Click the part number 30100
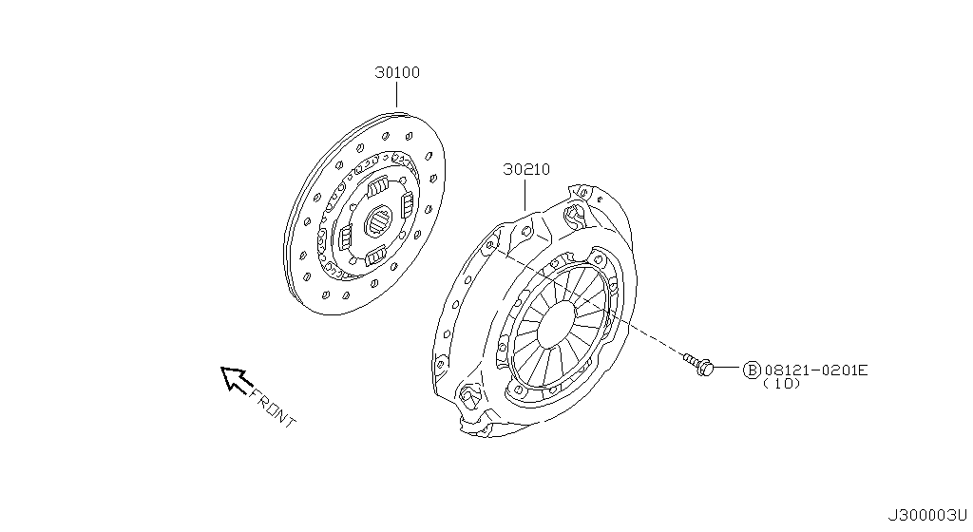coord(397,72)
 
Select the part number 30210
coord(526,169)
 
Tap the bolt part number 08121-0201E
coord(816,370)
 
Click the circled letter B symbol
coord(752,370)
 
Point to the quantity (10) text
coord(782,384)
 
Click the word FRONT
coord(273,408)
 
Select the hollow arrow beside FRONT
coord(236,379)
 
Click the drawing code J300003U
coord(927,515)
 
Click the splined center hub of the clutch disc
coord(378,221)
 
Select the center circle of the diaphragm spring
coord(557,325)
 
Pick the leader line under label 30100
coord(396,96)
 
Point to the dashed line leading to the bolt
coord(588,300)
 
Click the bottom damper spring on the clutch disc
coord(374,256)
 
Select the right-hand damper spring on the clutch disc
coord(407,204)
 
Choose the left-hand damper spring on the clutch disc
coord(346,237)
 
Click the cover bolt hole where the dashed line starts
coord(489,245)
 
